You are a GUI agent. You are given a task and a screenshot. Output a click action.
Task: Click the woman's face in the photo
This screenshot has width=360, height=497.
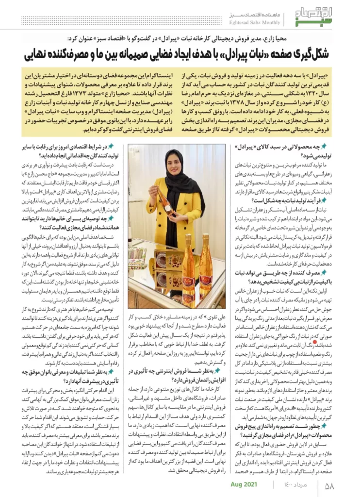click(174, 162)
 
